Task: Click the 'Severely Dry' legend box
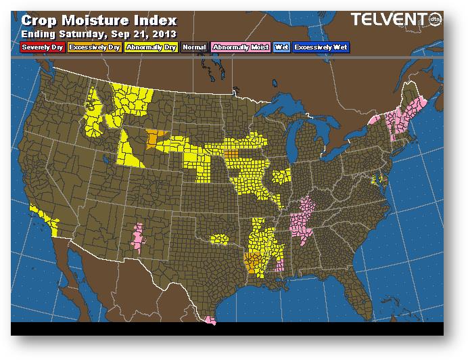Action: click(43, 47)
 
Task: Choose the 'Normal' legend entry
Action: click(194, 47)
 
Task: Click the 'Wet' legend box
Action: click(281, 47)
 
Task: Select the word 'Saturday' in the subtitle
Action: click(83, 33)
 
